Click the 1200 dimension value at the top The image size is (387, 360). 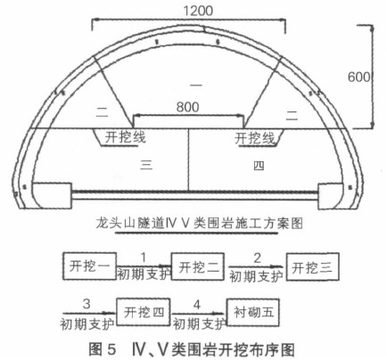click(x=198, y=11)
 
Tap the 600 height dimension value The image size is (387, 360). click(x=359, y=78)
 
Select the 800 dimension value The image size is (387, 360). click(x=187, y=107)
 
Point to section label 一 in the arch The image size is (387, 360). click(x=196, y=86)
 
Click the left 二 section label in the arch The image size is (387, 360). click(x=103, y=111)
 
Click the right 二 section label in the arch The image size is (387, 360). click(x=292, y=115)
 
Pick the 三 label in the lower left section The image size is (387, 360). click(x=146, y=164)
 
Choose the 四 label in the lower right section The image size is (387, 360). click(x=259, y=166)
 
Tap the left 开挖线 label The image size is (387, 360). click(x=125, y=137)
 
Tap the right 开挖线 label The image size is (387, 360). click(x=255, y=138)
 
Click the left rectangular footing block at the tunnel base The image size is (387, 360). click(x=52, y=196)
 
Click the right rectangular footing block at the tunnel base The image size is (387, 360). click(x=331, y=196)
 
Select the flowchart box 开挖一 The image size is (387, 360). click(x=89, y=266)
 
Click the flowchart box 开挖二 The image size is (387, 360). click(x=198, y=266)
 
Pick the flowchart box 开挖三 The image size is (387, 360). click(x=312, y=267)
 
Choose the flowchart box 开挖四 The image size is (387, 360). click(x=144, y=312)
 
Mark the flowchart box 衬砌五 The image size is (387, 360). click(x=253, y=312)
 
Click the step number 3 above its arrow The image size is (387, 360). click(x=86, y=304)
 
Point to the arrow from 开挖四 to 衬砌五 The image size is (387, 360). click(x=199, y=313)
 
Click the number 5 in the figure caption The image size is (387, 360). click(x=111, y=349)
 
